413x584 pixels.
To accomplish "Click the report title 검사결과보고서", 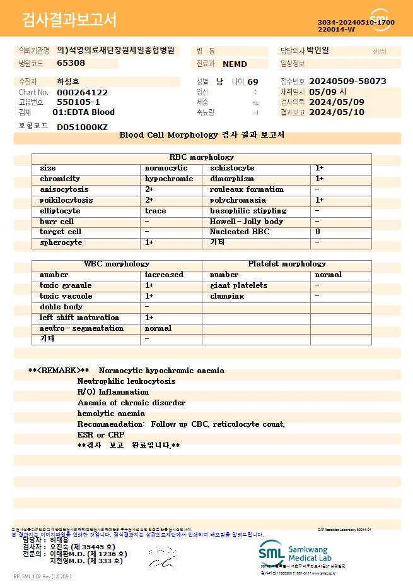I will [x=69, y=20].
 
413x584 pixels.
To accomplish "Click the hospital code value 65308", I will [x=71, y=63].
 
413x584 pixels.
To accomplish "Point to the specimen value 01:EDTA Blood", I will [x=83, y=112].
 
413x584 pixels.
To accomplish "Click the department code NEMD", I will [x=235, y=64].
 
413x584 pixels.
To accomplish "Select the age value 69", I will [x=253, y=82].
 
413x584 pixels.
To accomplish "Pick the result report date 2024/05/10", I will [x=337, y=112].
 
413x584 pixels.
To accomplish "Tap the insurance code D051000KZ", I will [x=82, y=127].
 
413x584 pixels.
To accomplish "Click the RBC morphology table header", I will [x=202, y=157].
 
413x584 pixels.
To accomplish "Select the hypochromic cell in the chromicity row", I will [x=169, y=179].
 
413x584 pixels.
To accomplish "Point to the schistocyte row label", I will [x=232, y=168].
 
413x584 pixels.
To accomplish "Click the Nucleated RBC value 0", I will [x=318, y=232].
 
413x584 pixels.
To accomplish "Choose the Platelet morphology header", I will [x=287, y=264].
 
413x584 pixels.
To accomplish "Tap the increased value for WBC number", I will [x=164, y=275].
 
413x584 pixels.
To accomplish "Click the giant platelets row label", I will [x=238, y=285].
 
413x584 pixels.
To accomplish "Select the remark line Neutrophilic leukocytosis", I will [x=127, y=381].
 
